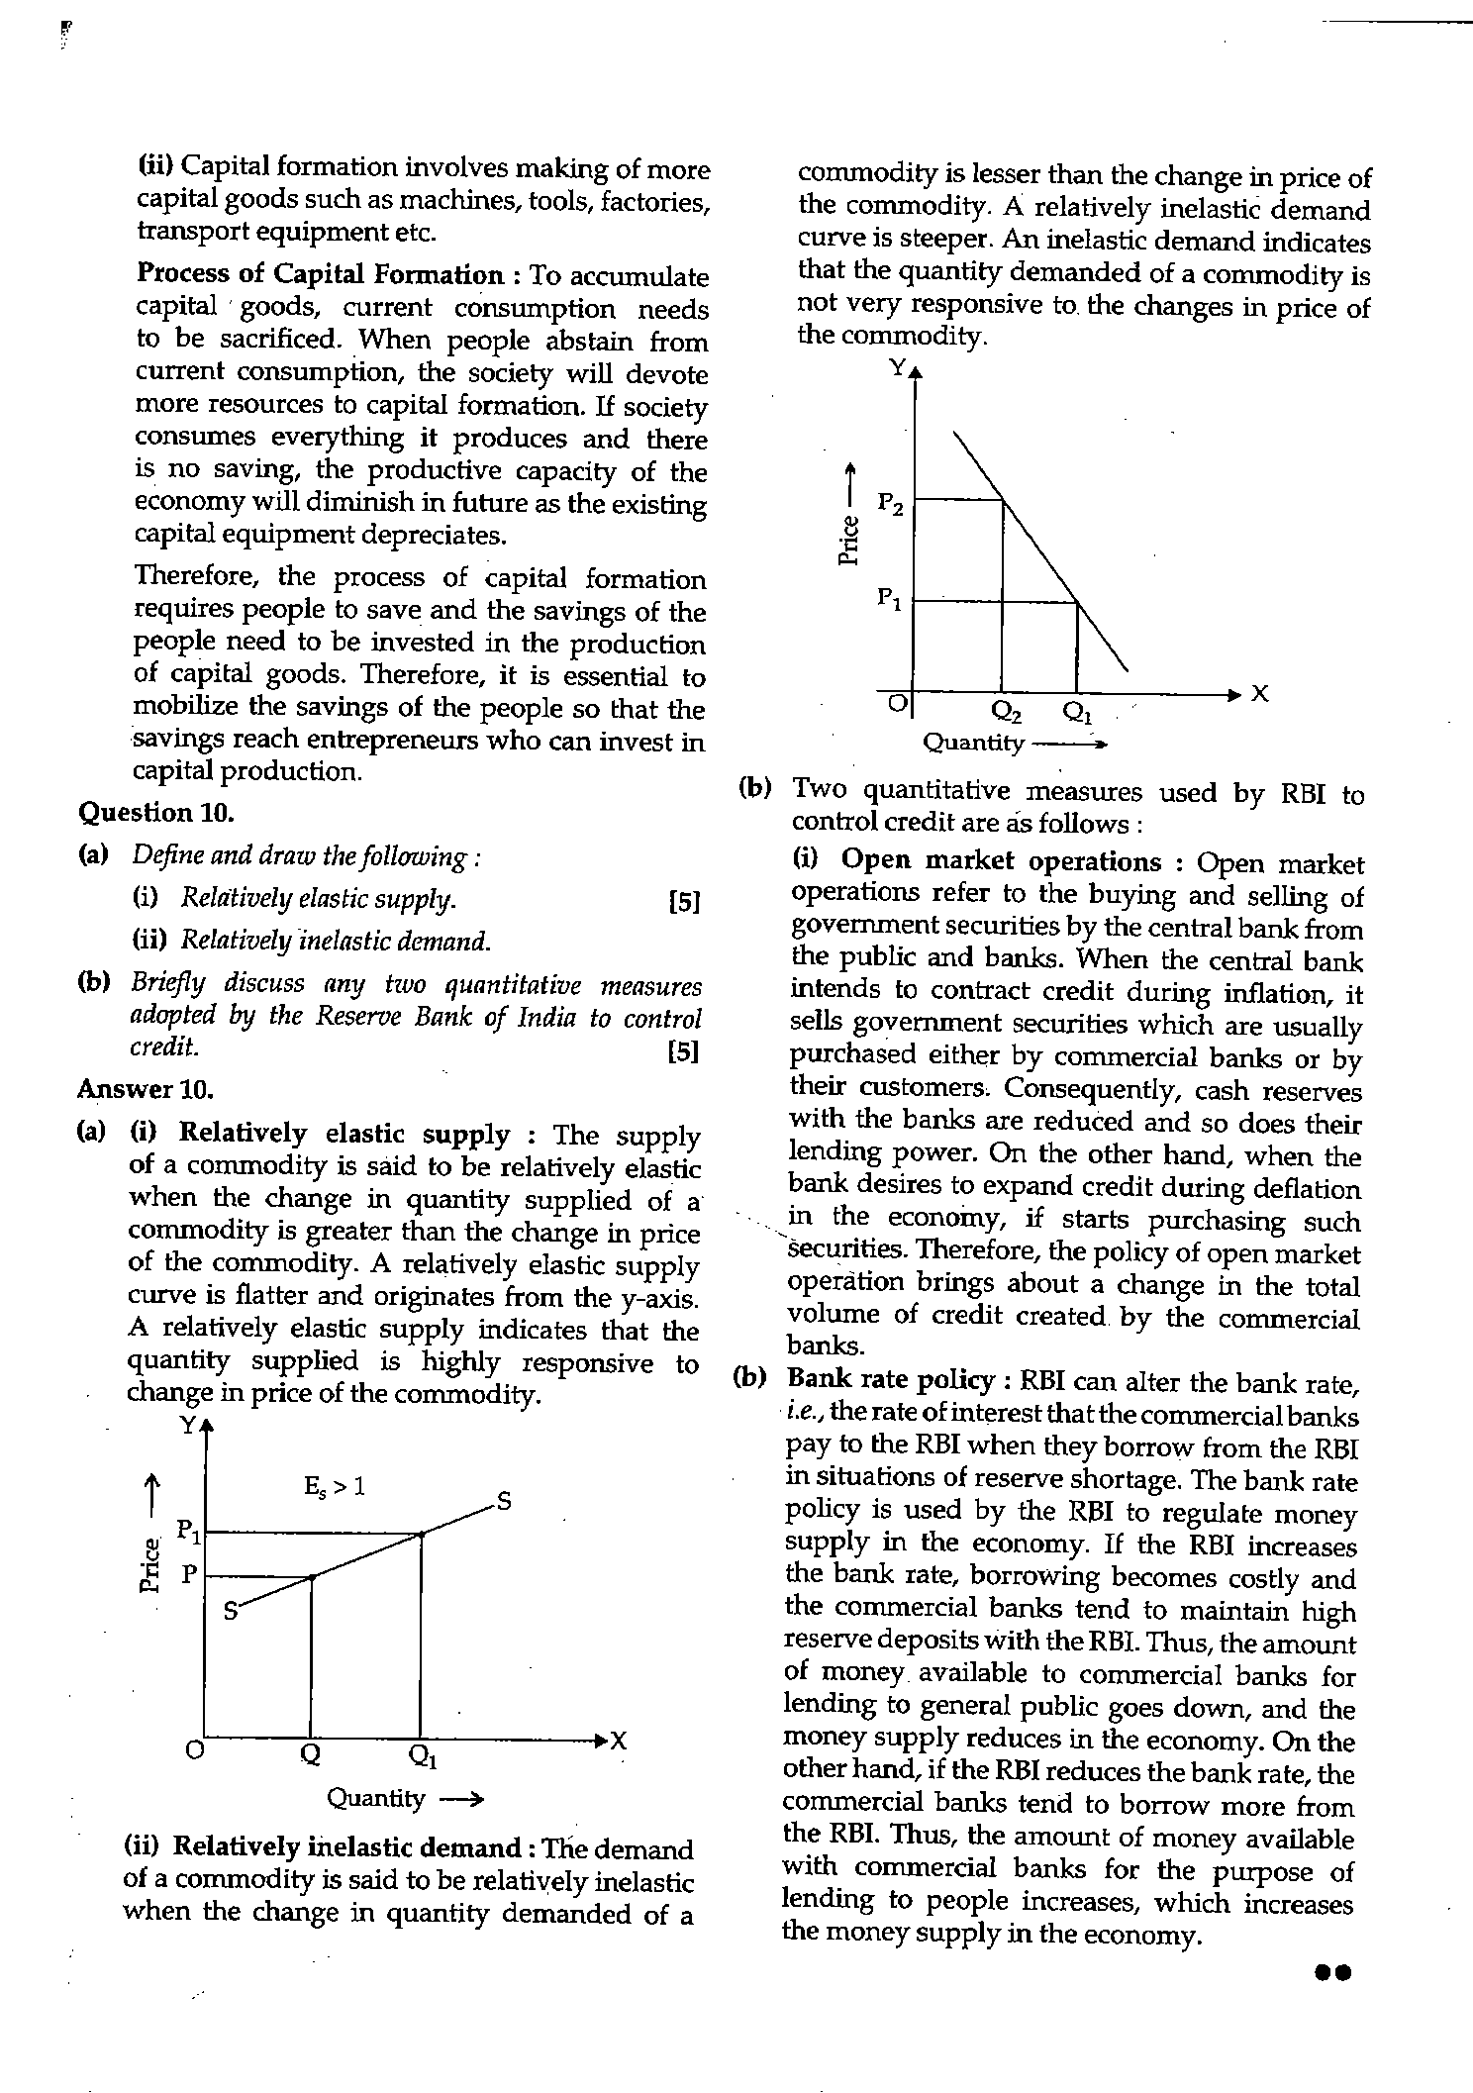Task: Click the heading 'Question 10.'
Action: coord(155,813)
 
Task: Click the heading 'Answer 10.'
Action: coord(146,1090)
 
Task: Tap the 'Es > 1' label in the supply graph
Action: coord(334,1486)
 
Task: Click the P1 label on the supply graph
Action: coord(189,1532)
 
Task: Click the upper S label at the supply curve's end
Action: coord(503,1502)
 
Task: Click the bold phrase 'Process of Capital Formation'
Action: coord(321,274)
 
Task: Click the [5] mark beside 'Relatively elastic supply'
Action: coord(684,902)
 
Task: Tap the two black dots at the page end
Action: coord(1332,1972)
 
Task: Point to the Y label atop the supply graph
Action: coord(187,1427)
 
